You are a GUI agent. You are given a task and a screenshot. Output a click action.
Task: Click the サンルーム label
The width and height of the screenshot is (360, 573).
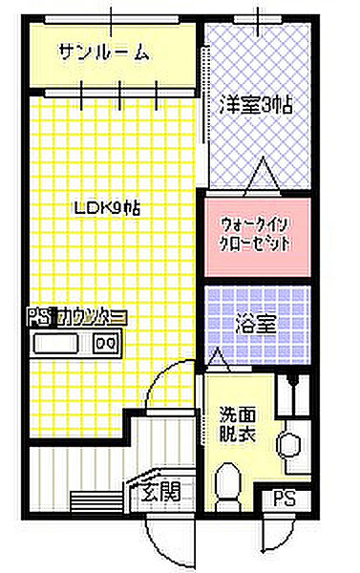[x=103, y=53]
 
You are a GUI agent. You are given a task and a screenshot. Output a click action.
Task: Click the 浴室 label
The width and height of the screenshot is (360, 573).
[x=256, y=325]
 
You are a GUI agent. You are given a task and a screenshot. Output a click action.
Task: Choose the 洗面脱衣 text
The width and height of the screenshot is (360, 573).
[x=235, y=424]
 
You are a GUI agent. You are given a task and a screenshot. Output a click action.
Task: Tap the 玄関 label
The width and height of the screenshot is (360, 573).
[x=161, y=493]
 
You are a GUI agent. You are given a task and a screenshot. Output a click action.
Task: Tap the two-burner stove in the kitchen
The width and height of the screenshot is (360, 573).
[x=106, y=342]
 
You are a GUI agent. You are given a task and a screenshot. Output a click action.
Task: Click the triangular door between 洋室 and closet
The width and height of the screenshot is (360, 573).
[x=262, y=177]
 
